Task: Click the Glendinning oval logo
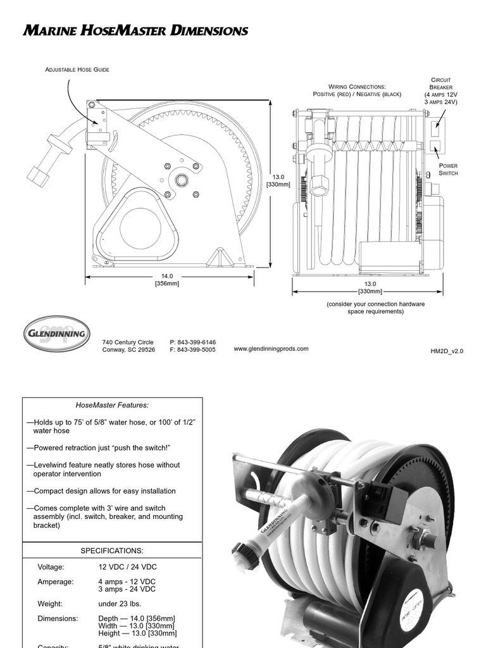point(57,333)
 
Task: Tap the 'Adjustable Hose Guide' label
point(77,70)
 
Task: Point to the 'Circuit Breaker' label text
point(441,84)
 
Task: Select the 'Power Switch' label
point(448,169)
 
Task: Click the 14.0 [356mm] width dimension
point(167,280)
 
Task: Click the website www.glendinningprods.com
point(271,349)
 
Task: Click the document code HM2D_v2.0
point(447,351)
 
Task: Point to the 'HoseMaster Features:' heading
point(113,405)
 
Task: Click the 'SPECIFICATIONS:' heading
point(112,551)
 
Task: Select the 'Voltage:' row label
point(51,567)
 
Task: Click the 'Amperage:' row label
point(56,582)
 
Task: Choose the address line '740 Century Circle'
point(128,342)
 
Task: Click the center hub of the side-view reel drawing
point(182,180)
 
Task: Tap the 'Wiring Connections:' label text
point(357,87)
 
